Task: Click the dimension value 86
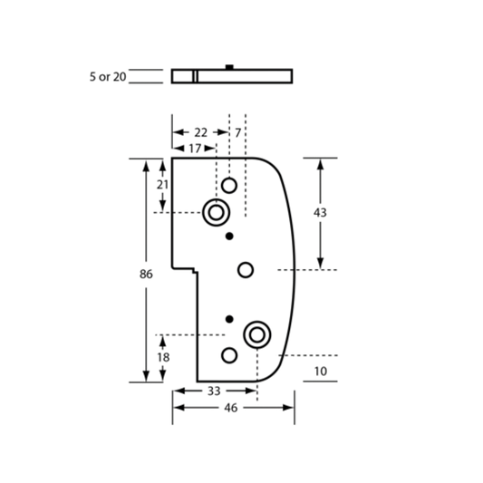146,274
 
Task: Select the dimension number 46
231,408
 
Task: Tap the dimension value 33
214,391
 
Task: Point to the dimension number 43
320,213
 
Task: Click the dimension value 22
201,133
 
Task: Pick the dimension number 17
195,149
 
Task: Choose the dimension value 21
162,185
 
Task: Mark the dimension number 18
163,357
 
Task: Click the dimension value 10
321,372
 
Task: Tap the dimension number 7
237,133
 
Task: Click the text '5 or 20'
108,77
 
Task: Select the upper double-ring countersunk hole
216,213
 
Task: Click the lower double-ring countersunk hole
256,334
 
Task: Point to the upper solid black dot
229,237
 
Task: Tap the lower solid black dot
229,319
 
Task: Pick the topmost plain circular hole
229,186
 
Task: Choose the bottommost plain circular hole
229,355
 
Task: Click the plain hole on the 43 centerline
246,270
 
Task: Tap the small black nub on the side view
229,67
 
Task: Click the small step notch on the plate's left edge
195,270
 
